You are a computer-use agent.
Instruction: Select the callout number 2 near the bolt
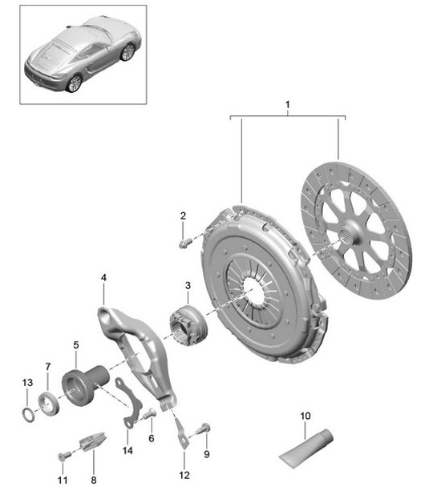tap(183, 215)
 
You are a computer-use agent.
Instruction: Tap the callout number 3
tap(187, 286)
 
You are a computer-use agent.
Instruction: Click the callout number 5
tap(75, 345)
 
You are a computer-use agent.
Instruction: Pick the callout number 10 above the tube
tap(305, 415)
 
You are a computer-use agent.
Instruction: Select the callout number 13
tap(26, 381)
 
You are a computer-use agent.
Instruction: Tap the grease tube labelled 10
tap(304, 451)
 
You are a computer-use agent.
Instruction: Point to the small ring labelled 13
tap(28, 415)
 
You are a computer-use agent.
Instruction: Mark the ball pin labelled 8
tap(91, 441)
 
